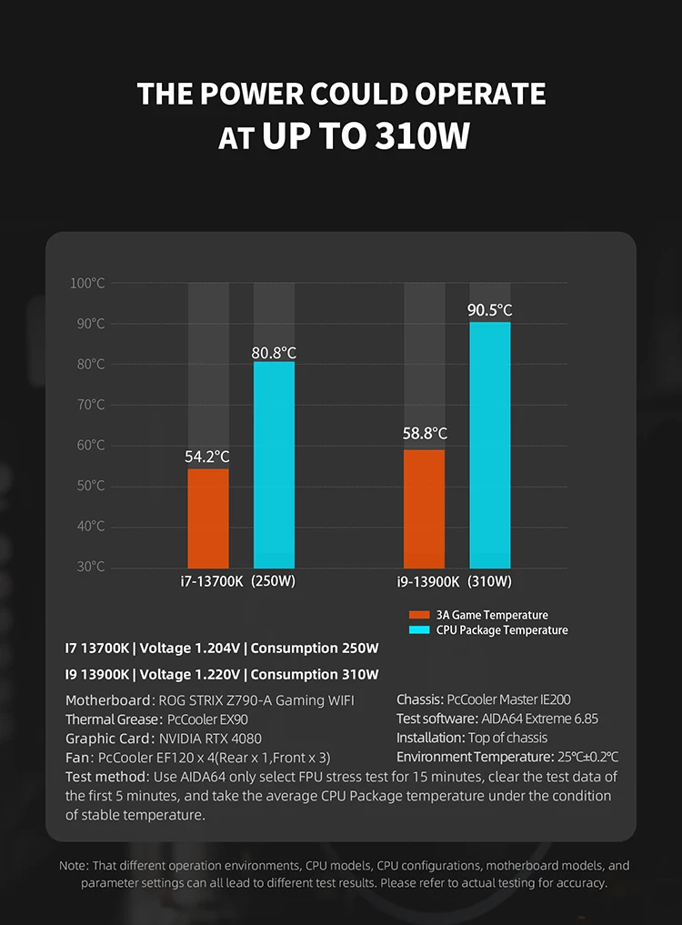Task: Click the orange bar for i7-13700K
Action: tap(208, 518)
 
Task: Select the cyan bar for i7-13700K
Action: tap(274, 465)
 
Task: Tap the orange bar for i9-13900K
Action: tap(424, 509)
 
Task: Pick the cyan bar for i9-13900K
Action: tap(490, 446)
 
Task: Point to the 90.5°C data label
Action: tap(490, 310)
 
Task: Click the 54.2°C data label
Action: tap(208, 456)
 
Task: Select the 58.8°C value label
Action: tap(425, 434)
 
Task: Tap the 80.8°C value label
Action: tap(274, 352)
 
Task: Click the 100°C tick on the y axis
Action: tap(87, 284)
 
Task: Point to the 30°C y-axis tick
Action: tap(90, 567)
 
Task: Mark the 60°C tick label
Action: tap(90, 446)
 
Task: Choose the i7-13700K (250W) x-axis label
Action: tap(238, 581)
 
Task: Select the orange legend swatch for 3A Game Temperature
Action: tap(417, 615)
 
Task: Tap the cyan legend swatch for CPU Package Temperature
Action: tap(417, 629)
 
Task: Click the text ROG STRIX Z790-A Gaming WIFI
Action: tap(256, 699)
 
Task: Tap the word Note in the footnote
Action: tap(74, 865)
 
